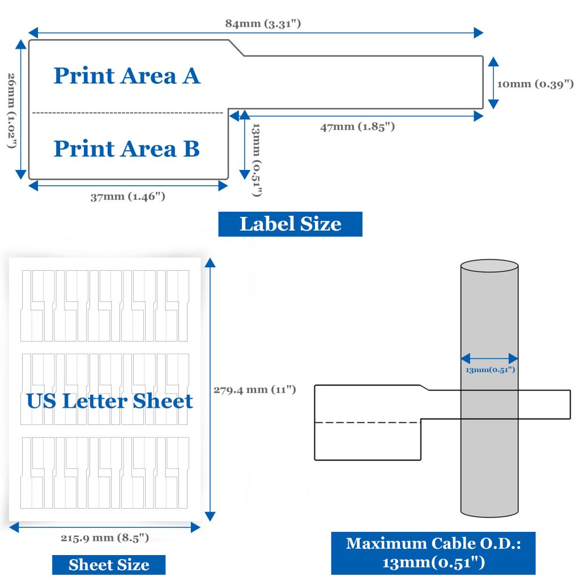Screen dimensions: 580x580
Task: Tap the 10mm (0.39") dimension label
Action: click(x=535, y=84)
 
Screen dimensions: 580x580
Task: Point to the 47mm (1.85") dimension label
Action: click(x=357, y=127)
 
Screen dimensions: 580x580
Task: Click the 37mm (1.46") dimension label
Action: click(x=128, y=197)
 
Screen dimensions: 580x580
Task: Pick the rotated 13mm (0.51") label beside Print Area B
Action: click(x=257, y=160)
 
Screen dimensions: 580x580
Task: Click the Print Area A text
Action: click(x=127, y=76)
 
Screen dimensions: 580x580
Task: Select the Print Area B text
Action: click(x=126, y=149)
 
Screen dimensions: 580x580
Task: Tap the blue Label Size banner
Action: click(x=290, y=224)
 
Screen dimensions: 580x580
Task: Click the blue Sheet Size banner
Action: click(x=109, y=565)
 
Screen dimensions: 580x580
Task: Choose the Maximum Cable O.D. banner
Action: click(x=433, y=553)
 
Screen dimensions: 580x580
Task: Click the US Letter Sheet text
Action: click(x=110, y=401)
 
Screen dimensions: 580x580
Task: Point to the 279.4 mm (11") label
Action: click(x=255, y=390)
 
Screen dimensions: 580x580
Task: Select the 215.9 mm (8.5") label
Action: click(x=105, y=538)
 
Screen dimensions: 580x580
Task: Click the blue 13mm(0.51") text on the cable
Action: click(x=490, y=370)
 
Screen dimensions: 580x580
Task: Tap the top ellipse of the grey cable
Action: click(x=489, y=266)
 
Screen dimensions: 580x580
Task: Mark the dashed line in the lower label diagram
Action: click(x=368, y=423)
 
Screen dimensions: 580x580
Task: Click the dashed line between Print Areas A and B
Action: click(x=128, y=113)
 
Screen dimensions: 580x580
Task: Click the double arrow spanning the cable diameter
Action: click(x=489, y=359)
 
